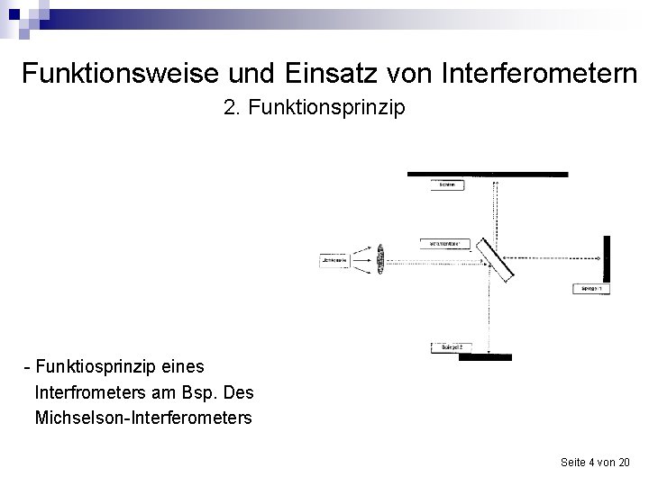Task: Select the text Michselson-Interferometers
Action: (143, 418)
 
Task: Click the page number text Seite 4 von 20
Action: (595, 462)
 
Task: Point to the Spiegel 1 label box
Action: (591, 288)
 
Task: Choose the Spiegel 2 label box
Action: (452, 346)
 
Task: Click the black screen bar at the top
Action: (488, 174)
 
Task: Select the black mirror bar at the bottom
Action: (485, 357)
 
